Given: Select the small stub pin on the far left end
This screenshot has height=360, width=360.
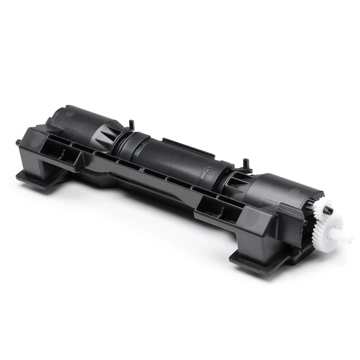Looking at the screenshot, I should [x=18, y=141].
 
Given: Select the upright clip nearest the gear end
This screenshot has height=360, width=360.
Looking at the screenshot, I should [x=246, y=164].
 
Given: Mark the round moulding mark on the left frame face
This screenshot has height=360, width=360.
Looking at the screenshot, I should [x=36, y=141].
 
